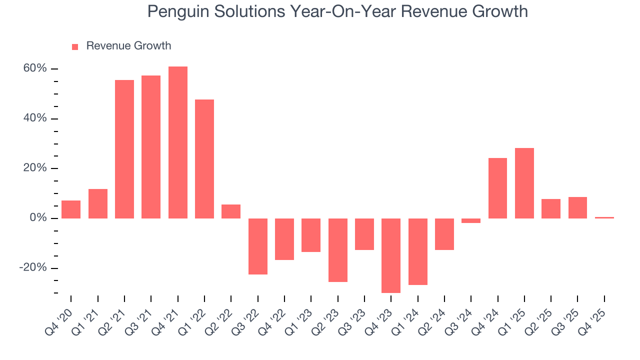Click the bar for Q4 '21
coord(177,142)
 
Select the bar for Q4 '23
coord(391,255)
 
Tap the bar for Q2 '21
coord(124,149)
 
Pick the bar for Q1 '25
coord(524,183)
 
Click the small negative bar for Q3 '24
coord(471,220)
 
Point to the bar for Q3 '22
coord(257,246)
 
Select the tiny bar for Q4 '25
coord(604,217)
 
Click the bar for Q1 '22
coord(204,159)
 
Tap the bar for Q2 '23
coord(337,250)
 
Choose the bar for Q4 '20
coord(71,209)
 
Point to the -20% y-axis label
coord(33,268)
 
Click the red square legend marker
coord(75,46)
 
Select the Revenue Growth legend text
coord(128,46)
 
